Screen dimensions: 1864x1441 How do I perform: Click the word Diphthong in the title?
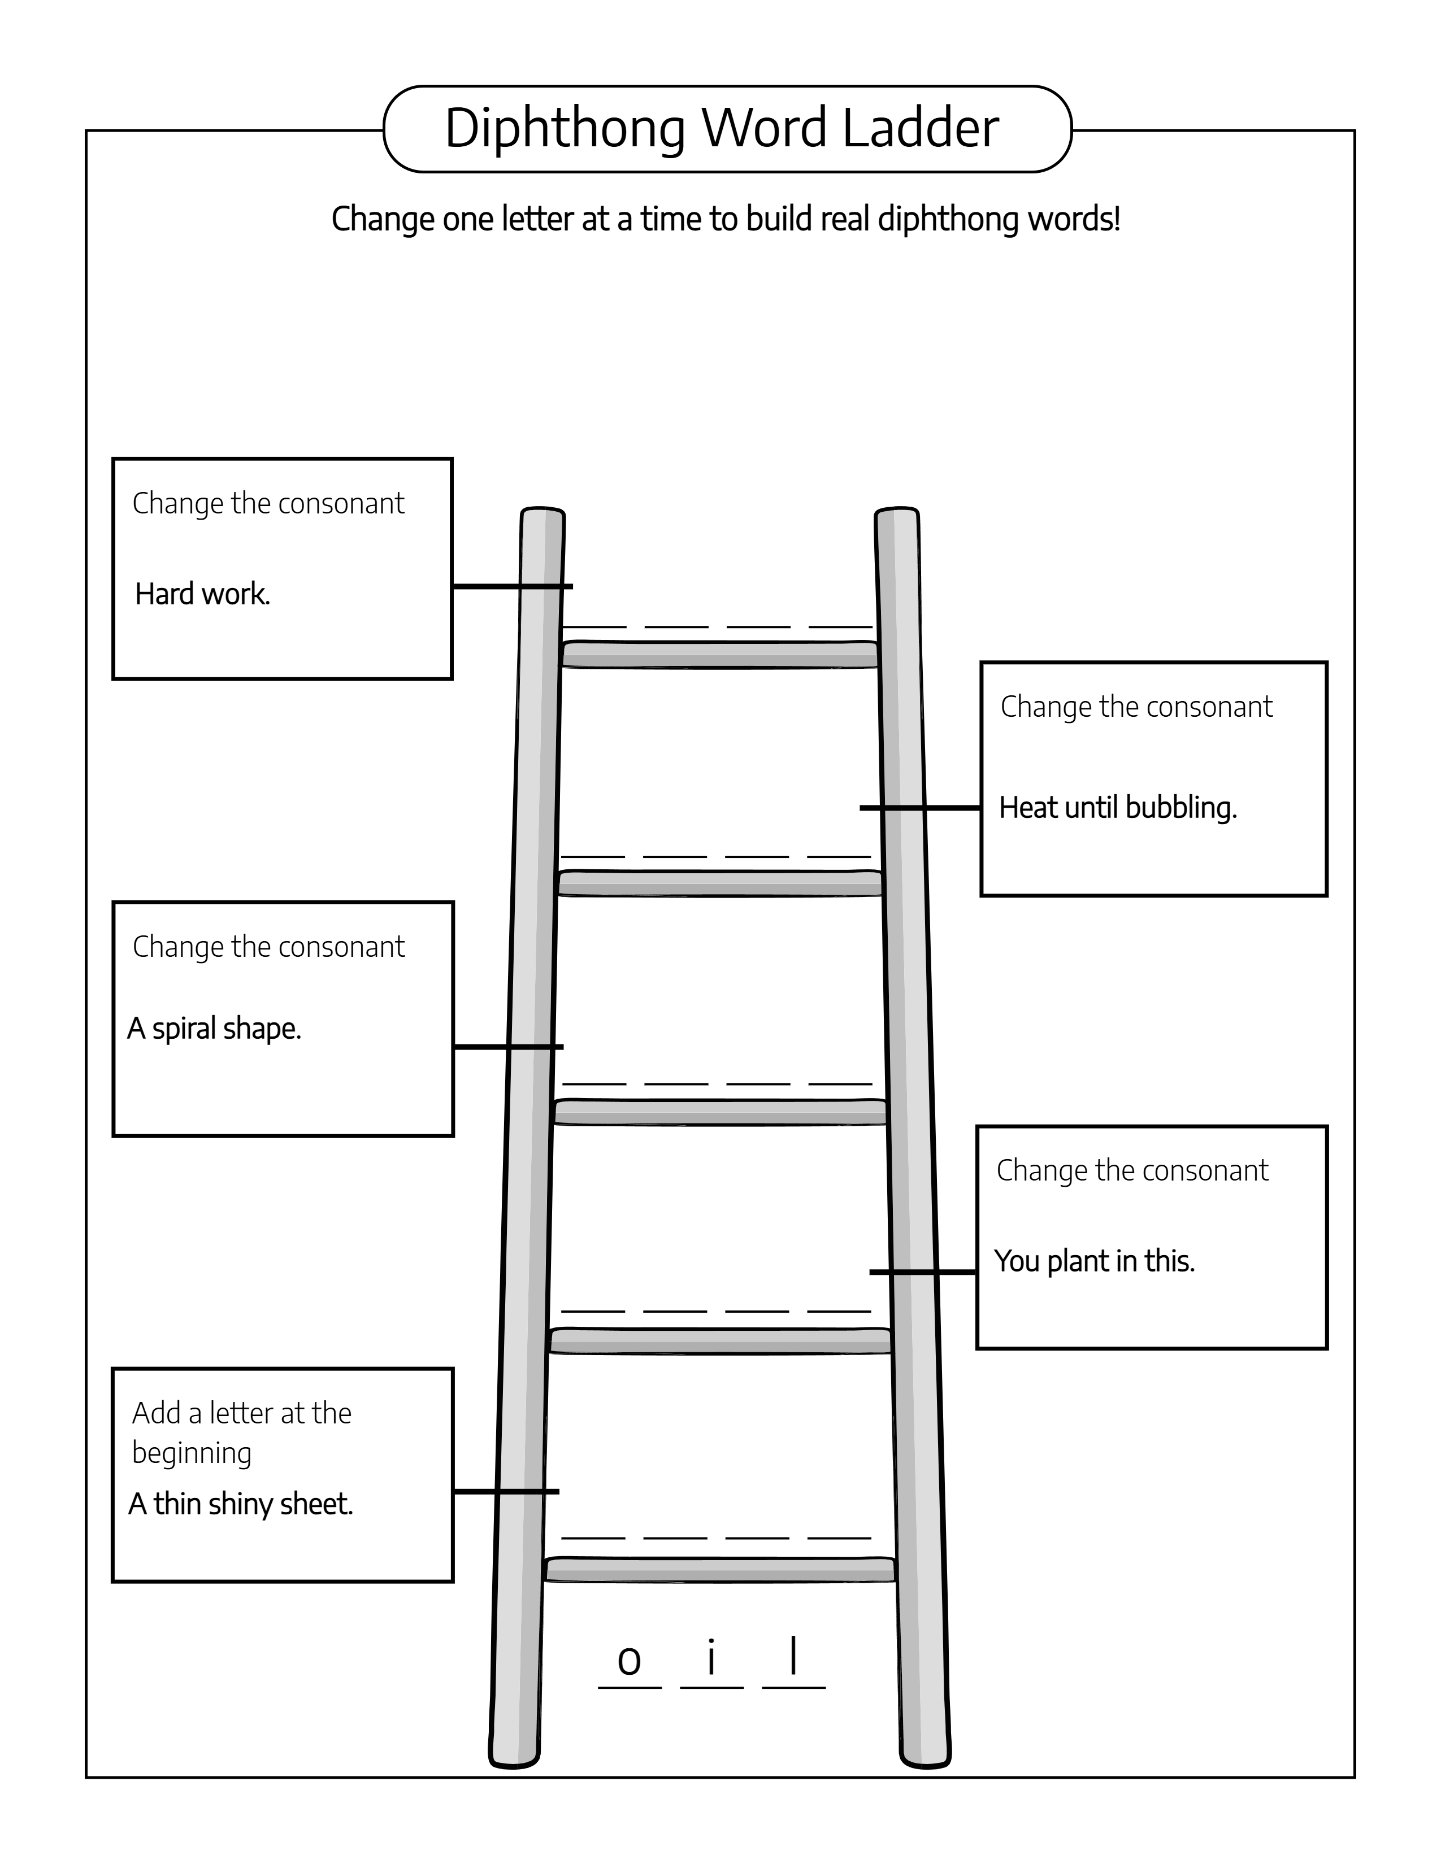(565, 130)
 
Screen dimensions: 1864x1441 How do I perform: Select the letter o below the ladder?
(629, 1660)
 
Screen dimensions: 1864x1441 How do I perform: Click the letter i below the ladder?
(711, 1657)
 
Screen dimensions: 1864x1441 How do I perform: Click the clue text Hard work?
(202, 594)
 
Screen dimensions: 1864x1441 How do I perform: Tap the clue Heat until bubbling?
(1117, 807)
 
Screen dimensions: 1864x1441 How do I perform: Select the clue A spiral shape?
(214, 1029)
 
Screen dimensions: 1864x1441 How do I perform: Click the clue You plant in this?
(1095, 1261)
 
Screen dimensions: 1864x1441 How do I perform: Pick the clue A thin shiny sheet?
(241, 1503)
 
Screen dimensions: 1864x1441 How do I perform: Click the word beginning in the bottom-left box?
(191, 1453)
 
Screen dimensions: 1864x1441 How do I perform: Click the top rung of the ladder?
(719, 655)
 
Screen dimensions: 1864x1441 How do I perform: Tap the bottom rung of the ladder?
(719, 1570)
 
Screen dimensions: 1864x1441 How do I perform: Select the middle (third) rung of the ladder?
(719, 1112)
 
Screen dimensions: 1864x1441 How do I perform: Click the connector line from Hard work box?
(512, 586)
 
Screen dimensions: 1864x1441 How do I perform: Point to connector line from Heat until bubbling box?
(920, 807)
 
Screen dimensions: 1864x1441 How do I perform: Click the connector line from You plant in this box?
(922, 1271)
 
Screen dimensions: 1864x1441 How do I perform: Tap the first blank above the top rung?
(593, 626)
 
